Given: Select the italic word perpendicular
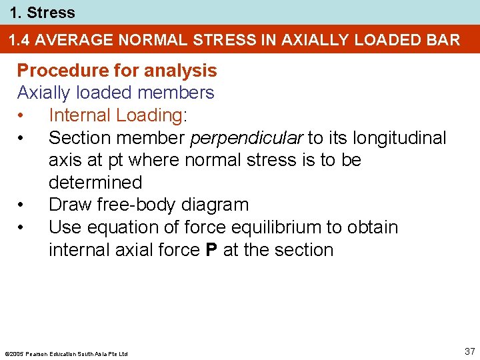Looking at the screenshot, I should click(x=247, y=138).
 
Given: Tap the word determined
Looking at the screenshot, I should click(x=95, y=183).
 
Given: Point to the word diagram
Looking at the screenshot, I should click(x=217, y=205).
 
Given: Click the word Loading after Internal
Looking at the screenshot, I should click(x=151, y=115).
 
